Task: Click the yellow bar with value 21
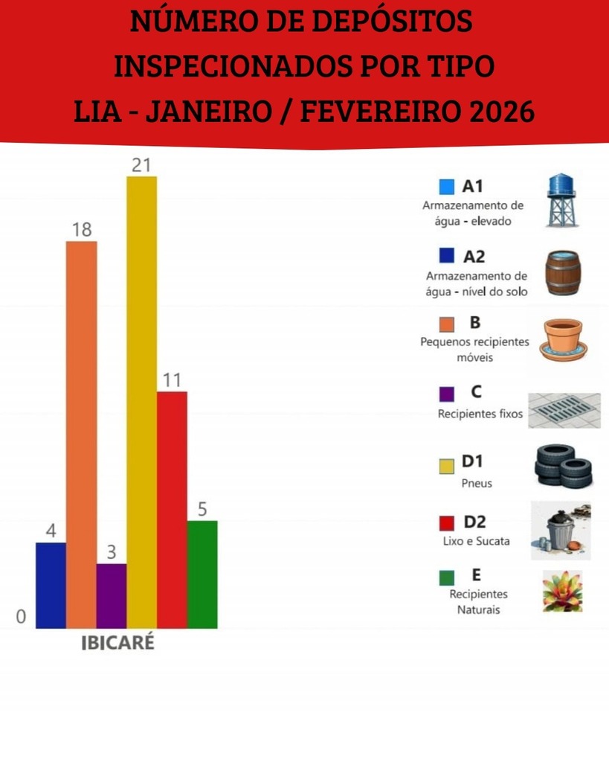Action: [141, 402]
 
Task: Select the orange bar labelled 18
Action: [81, 435]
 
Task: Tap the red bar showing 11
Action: [172, 510]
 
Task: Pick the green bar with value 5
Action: [202, 574]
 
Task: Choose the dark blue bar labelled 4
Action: [51, 585]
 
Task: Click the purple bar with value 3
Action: [112, 595]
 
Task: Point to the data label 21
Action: [141, 165]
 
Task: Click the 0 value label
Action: [21, 616]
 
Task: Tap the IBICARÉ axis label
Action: [117, 643]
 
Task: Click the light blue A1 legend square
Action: [447, 187]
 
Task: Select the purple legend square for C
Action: [447, 394]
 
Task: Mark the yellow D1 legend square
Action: [447, 466]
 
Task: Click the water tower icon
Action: [561, 199]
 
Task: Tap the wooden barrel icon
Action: [562, 272]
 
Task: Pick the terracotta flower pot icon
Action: [563, 339]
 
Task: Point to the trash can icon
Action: [561, 530]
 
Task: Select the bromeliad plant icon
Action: [562, 592]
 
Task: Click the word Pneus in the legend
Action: [477, 484]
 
